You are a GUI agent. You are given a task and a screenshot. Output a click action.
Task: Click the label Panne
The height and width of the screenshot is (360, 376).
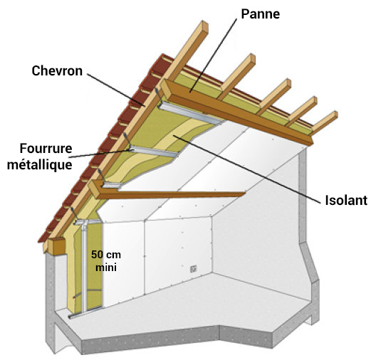coord(261,14)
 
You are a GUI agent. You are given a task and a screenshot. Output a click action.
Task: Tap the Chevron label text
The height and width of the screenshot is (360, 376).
coord(57,71)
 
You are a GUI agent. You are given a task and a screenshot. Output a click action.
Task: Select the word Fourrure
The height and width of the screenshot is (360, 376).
coord(46,149)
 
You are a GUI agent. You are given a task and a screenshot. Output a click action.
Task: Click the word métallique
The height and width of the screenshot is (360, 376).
coord(40,165)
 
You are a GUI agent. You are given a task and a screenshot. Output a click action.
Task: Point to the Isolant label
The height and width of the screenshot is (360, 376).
coord(346,200)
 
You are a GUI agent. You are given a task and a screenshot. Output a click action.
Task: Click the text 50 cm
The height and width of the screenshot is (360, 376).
coord(106,255)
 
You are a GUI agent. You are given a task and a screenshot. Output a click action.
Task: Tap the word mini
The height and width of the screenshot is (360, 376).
coord(106,267)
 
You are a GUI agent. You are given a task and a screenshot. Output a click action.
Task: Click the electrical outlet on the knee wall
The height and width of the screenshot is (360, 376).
coord(193,269)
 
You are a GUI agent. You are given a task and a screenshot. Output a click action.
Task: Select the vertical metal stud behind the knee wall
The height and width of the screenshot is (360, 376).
coord(84,267)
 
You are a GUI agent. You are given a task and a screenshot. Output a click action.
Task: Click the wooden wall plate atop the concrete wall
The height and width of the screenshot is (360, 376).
coord(57,246)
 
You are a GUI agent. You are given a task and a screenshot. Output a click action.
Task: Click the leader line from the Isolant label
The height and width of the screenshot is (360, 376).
coord(246,169)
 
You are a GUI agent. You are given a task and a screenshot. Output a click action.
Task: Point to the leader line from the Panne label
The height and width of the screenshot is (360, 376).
coord(214,55)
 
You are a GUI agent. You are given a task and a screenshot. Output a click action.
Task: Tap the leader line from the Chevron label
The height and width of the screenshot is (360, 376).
coord(116,90)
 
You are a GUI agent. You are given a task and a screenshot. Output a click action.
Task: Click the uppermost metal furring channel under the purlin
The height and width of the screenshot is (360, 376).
coord(191,114)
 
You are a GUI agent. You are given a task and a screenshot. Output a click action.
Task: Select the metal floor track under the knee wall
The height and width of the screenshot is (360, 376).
coord(86,312)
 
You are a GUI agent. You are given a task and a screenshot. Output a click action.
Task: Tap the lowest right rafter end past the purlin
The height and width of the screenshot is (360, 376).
coord(325,122)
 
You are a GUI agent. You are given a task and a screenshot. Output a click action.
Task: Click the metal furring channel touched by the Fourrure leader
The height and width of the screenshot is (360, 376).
coord(155,152)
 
